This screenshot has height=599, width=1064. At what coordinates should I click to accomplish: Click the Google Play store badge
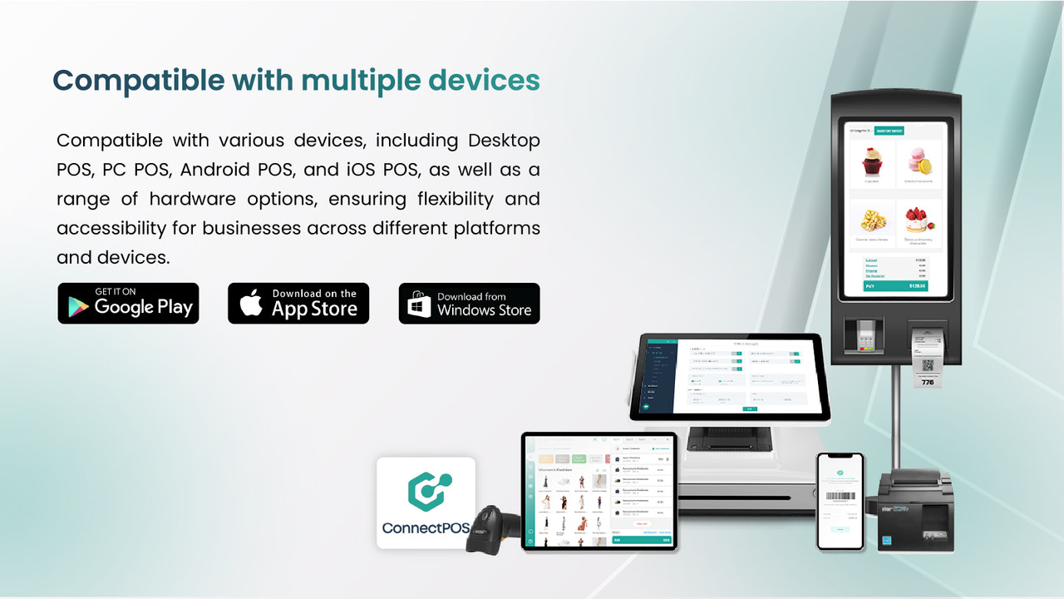128,303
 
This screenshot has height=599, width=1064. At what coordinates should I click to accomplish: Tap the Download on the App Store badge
298,303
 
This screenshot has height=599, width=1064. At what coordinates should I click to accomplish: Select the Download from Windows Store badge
469,303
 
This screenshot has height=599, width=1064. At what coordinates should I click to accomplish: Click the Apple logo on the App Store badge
251,304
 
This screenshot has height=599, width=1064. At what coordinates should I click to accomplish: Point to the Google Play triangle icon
76,304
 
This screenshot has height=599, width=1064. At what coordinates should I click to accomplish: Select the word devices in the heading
484,81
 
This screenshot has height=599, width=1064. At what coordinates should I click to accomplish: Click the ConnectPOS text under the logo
426,528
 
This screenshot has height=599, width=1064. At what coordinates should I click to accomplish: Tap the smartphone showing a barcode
840,501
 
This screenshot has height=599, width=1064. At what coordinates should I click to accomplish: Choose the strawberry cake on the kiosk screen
919,222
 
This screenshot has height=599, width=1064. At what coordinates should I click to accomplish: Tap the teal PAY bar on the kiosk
895,285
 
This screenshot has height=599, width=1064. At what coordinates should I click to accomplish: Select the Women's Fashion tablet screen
598,491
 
